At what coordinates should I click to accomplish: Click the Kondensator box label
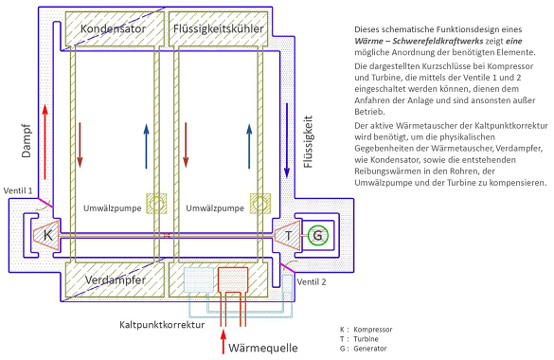coord(113,28)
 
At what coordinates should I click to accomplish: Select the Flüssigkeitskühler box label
coord(219,28)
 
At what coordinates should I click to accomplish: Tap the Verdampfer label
coord(116,280)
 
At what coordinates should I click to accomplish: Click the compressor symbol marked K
coord(46,235)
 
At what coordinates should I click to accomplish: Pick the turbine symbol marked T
coord(288,235)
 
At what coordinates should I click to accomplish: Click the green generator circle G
coord(317,235)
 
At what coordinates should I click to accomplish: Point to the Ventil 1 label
coord(18,190)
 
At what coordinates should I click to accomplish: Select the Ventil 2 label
coord(312,282)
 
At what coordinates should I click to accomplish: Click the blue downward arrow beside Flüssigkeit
coord(287,140)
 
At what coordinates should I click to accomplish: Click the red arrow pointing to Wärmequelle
coord(223,341)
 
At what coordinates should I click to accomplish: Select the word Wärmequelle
coord(263,348)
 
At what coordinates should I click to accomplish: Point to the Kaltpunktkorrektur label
coord(162,325)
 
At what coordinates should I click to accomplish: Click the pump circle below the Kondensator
coord(156,204)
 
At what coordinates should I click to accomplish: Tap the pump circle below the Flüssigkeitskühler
coord(260,204)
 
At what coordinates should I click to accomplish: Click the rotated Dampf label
coord(27,140)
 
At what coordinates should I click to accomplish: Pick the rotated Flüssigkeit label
coord(308,141)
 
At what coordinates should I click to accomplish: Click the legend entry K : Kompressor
coord(366,330)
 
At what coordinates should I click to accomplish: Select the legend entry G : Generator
coord(364,349)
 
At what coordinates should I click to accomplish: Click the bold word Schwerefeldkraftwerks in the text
coord(438,41)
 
